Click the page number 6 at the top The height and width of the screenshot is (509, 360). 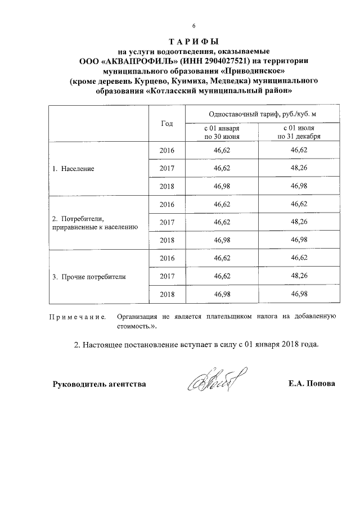point(194,26)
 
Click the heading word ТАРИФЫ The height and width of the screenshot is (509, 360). point(193,42)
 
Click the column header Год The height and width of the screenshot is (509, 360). point(166,124)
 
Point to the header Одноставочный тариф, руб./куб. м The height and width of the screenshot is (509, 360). point(259,114)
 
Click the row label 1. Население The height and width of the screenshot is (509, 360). point(73,168)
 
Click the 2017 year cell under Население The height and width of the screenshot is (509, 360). point(167,168)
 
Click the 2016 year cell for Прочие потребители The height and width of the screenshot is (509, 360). point(167,258)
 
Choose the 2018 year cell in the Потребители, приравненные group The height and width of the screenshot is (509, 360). point(167,240)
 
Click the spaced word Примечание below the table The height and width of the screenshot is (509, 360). point(79,318)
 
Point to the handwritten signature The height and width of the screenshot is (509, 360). point(211,383)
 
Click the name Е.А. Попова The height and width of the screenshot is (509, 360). point(310,384)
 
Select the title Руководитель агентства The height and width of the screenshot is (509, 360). point(100,384)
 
